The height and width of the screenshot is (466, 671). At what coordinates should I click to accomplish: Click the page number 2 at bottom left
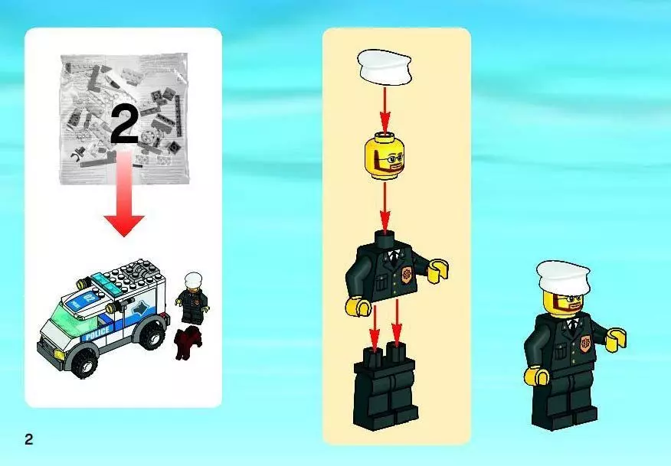28,439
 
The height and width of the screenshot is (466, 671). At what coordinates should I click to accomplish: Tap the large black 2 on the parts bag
125,125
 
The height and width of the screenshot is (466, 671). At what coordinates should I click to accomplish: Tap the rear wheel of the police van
151,334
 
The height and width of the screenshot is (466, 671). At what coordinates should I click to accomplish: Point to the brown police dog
187,341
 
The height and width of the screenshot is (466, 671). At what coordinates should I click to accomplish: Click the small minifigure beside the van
193,298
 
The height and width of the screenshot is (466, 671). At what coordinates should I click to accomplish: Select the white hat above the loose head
385,67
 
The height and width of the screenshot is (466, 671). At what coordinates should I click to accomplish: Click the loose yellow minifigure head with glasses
385,155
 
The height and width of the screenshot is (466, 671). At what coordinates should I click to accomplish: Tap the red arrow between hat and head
385,110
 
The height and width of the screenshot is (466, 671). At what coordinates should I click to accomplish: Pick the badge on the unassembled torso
406,273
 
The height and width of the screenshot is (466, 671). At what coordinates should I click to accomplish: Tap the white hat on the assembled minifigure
563,278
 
